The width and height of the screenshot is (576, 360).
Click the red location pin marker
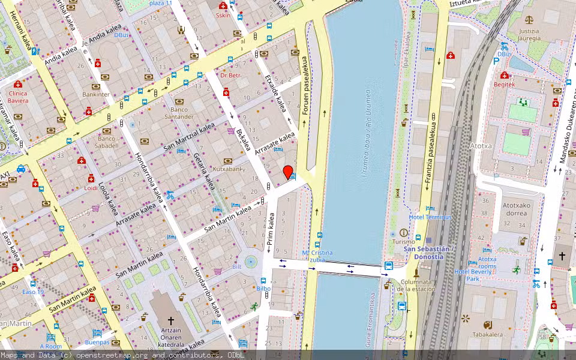288,171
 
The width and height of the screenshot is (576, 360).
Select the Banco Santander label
182,113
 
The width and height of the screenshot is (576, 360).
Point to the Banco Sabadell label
106,142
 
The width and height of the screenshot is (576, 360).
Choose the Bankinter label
96,94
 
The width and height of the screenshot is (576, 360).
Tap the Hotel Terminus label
430,217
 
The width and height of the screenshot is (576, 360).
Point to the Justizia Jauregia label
529,34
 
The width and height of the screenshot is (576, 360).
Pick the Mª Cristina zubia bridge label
318,256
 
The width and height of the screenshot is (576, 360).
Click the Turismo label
403,241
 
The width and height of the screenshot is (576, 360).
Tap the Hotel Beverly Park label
474,275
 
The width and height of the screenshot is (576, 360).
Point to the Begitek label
504,85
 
